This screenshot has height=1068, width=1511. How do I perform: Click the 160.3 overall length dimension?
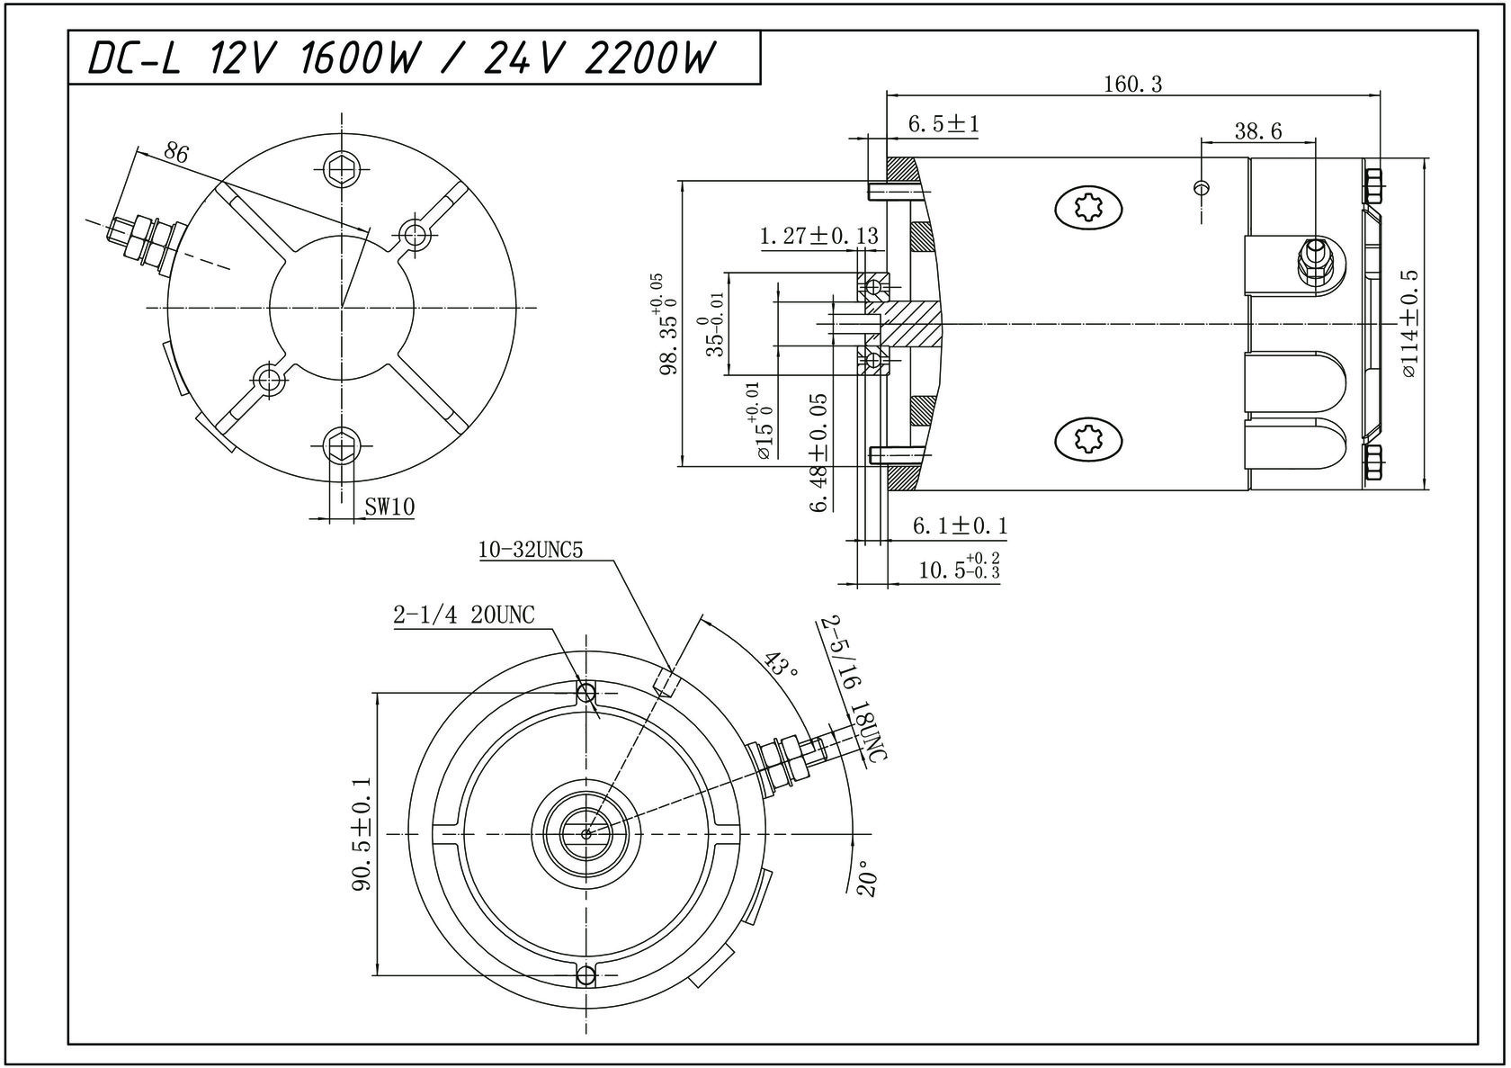1132,85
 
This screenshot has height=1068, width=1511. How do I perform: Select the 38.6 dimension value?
1257,131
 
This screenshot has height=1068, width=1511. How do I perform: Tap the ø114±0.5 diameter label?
1409,322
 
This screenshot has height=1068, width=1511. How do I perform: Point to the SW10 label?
389,507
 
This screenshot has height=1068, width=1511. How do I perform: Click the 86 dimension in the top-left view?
176,153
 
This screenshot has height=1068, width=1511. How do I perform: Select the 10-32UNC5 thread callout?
531,550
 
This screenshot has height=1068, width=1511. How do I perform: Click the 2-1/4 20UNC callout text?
463,615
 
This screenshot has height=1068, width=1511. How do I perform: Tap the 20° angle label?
866,881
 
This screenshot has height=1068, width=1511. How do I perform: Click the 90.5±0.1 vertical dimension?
362,834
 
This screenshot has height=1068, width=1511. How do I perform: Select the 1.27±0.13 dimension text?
818,237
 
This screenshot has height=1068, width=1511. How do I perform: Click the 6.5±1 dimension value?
943,124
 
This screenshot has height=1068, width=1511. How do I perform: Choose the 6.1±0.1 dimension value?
960,525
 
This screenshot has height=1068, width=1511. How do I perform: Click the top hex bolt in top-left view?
343,167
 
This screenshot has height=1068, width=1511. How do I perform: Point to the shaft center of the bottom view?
586,834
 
